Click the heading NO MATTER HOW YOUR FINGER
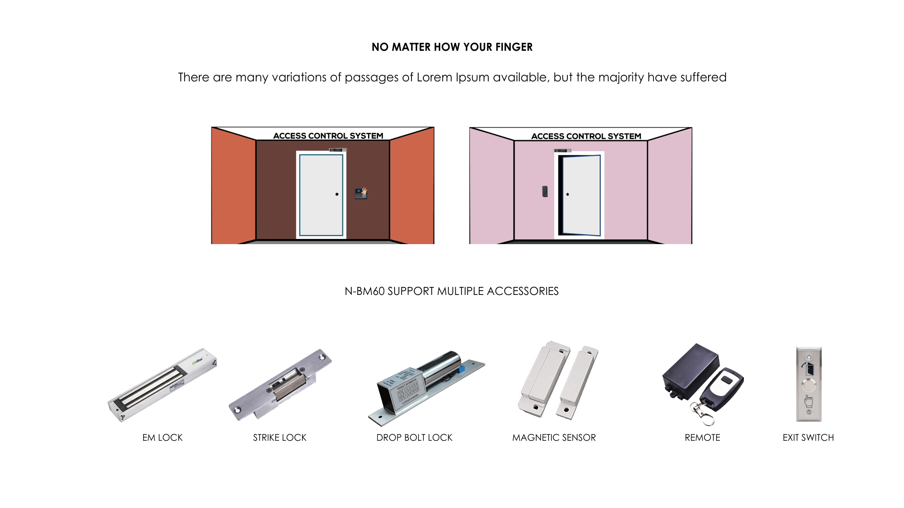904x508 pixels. click(x=452, y=47)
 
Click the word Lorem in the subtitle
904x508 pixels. click(x=434, y=77)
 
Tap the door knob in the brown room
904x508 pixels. click(x=337, y=194)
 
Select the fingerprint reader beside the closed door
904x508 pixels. click(x=361, y=193)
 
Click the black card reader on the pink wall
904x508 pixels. click(x=545, y=191)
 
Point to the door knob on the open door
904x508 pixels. click(x=567, y=194)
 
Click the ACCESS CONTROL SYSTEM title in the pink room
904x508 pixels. click(x=586, y=136)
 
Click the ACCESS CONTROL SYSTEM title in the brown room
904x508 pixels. click(x=328, y=136)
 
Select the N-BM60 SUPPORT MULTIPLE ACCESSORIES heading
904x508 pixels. click(x=452, y=291)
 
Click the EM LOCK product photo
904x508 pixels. click(x=162, y=385)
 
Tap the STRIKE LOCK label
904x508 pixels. click(x=280, y=437)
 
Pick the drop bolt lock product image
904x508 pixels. click(x=426, y=388)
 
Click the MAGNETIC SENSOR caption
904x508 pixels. click(x=554, y=437)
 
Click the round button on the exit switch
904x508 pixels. click(x=809, y=386)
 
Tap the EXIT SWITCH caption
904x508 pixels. click(x=808, y=437)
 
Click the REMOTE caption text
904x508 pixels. click(x=702, y=437)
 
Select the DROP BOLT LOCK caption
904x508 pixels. click(x=414, y=437)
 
